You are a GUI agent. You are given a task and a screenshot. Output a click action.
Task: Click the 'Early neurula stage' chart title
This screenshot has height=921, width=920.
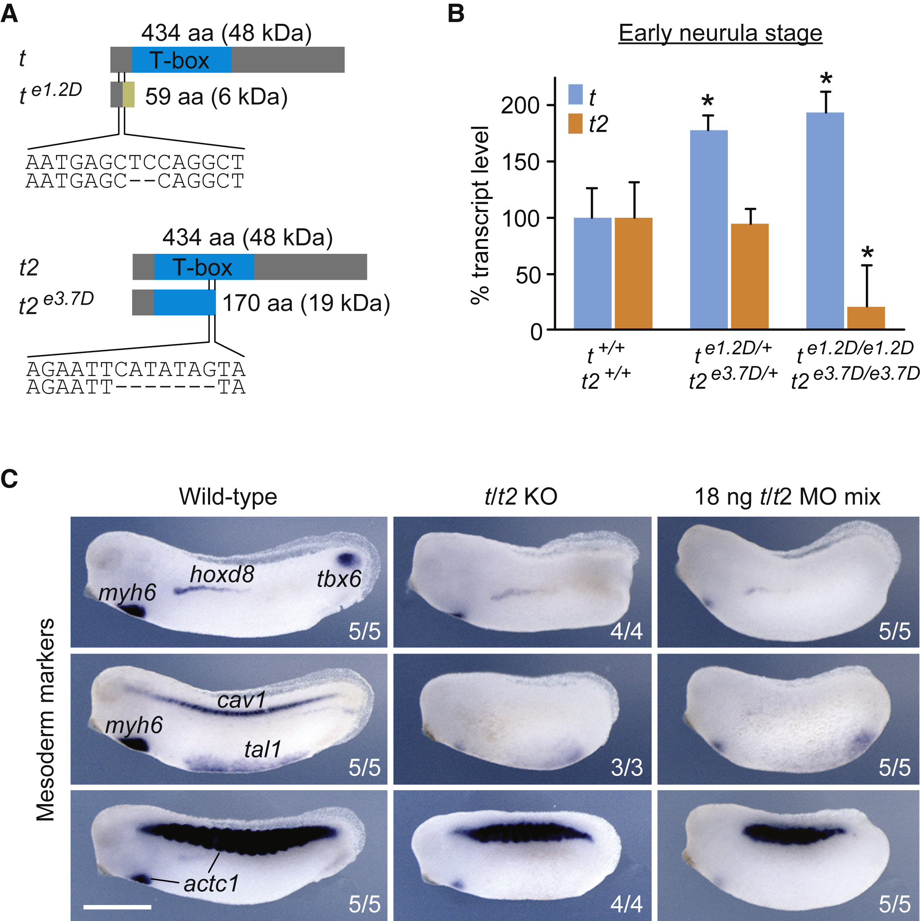pyautogui.click(x=720, y=33)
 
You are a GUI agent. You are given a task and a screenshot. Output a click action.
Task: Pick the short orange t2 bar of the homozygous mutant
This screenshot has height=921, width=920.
pyautogui.click(x=866, y=318)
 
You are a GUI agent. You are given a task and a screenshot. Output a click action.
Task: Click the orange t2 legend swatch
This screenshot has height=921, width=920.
pyautogui.click(x=575, y=124)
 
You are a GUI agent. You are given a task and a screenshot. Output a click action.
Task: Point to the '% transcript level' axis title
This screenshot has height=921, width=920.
pyautogui.click(x=480, y=214)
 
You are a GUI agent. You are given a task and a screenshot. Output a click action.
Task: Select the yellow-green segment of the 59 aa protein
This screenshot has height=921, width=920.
pyautogui.click(x=128, y=94)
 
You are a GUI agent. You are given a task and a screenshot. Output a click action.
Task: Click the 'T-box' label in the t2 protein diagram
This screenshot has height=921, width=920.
pyautogui.click(x=202, y=267)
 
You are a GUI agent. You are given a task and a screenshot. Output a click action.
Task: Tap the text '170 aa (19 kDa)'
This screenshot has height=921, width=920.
pyautogui.click(x=306, y=303)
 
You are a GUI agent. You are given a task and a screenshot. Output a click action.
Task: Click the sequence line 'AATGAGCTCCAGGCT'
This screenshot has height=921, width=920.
pyautogui.click(x=135, y=162)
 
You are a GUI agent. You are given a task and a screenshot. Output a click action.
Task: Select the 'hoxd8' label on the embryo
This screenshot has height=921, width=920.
pyautogui.click(x=222, y=574)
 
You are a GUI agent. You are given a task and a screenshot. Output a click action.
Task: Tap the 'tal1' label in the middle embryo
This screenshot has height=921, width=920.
pyautogui.click(x=262, y=749)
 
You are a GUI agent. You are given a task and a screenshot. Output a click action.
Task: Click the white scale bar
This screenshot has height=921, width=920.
pyautogui.click(x=117, y=907)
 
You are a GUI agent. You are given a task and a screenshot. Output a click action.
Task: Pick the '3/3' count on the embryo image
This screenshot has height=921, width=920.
pyautogui.click(x=627, y=768)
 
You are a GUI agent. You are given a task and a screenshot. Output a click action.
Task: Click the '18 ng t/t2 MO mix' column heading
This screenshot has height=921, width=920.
pyautogui.click(x=787, y=497)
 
